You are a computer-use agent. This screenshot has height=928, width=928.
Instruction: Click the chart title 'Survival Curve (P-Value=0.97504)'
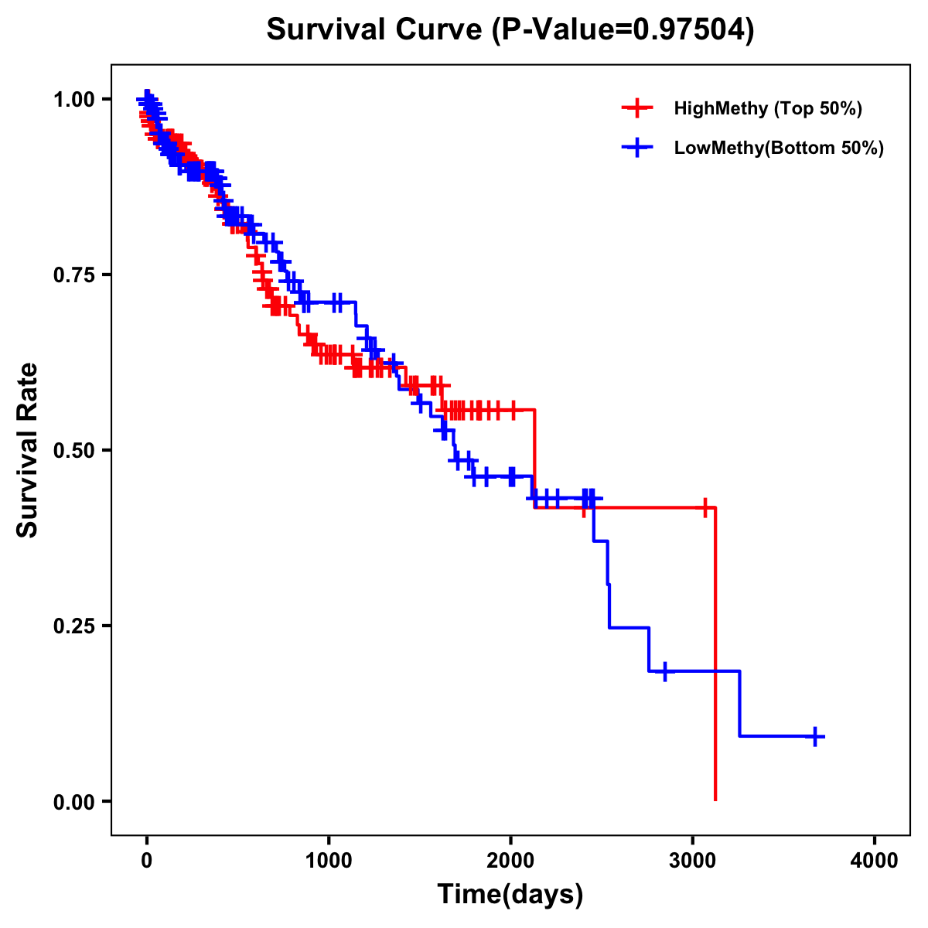pos(510,29)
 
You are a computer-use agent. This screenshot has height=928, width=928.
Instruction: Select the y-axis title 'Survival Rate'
pos(28,450)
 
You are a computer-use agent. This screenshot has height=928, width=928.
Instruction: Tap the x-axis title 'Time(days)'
pos(510,894)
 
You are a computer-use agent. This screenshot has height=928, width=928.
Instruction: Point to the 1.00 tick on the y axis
pos(73,100)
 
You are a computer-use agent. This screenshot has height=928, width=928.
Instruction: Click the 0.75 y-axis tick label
pos(73,275)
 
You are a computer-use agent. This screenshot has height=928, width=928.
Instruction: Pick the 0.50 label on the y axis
pos(73,451)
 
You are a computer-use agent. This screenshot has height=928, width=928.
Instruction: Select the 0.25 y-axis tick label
pos(73,626)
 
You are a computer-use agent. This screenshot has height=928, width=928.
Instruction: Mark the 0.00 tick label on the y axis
pos(73,802)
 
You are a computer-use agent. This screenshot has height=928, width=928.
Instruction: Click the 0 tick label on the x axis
pos(147,861)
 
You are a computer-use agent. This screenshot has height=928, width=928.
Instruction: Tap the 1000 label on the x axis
pos(329,861)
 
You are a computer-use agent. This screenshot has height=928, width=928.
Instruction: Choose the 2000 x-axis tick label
pos(510,861)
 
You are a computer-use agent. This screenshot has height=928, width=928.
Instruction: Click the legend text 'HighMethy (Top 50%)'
pos(768,108)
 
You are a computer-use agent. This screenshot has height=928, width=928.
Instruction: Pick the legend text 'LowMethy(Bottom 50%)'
pos(779,148)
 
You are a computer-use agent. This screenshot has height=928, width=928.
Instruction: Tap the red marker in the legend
pos(637,108)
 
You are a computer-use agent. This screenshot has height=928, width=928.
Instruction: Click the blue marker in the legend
pos(637,148)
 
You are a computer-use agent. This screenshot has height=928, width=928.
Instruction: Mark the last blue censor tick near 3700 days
pos(815,736)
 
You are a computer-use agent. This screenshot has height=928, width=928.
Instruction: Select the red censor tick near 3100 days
pos(705,508)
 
